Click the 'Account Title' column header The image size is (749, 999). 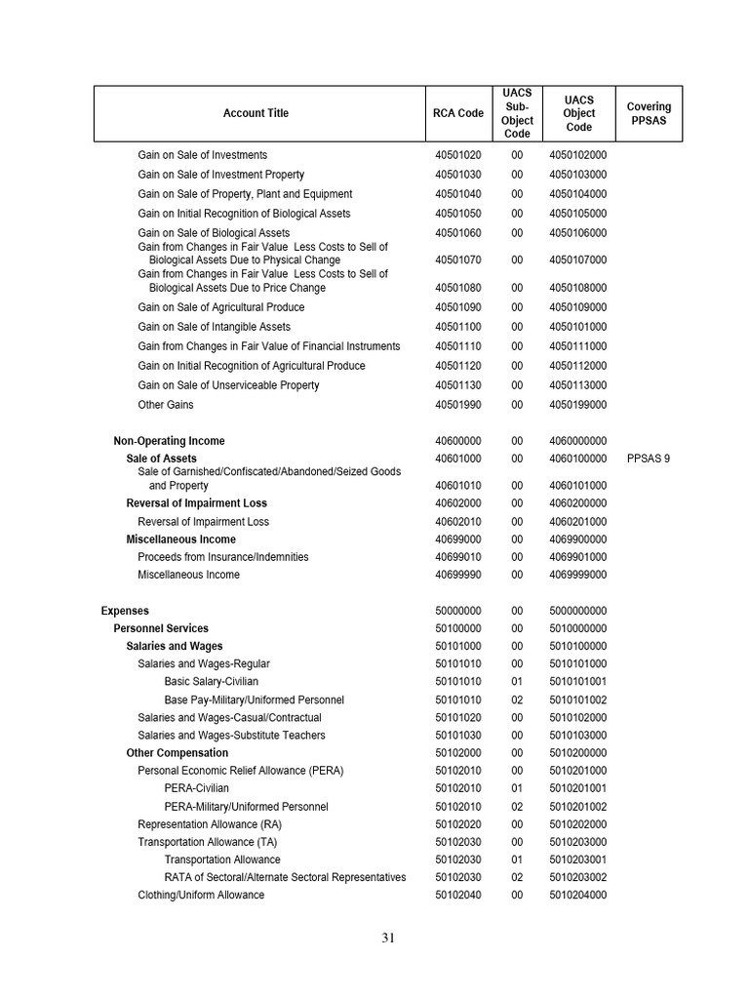coord(256,113)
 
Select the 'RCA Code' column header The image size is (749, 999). coord(457,113)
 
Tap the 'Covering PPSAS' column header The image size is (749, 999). coord(649,113)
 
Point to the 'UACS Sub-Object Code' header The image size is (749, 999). coord(517,113)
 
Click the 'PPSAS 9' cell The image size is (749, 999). coord(649,459)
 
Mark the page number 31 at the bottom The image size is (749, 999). coord(388,939)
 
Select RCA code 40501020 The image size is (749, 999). coord(457,155)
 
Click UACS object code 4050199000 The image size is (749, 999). coord(577,405)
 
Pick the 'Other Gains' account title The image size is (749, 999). coord(166,405)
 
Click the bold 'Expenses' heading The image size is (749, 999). coord(125,611)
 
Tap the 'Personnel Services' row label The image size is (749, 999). coord(161,628)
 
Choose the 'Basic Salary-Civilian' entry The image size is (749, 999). coord(212,682)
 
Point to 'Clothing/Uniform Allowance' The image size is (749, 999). coord(201,896)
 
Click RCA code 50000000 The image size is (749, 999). coord(457,611)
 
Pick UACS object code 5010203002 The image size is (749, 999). coord(577,878)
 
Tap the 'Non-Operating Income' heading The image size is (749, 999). coord(169,441)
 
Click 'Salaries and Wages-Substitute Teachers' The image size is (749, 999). coord(231,736)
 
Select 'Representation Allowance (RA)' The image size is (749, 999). coord(210,824)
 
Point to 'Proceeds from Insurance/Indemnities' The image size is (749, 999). coord(223,557)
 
